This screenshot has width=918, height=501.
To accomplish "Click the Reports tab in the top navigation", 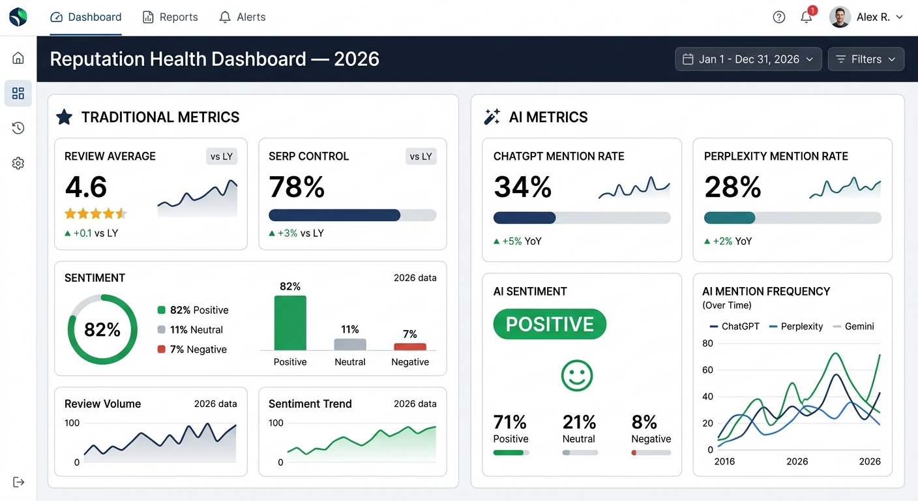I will click(170, 18).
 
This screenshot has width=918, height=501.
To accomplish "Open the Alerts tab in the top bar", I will click(243, 18).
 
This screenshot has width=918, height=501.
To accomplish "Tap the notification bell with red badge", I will click(807, 17).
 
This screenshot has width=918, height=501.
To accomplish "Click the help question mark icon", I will click(779, 18).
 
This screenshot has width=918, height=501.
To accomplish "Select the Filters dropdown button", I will click(866, 59).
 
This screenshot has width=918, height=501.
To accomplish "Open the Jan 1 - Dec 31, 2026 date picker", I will click(748, 59).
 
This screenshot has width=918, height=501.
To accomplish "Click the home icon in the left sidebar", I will click(18, 58).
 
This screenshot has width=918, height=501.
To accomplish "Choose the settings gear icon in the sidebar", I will click(18, 163).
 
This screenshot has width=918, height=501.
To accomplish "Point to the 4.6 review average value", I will click(86, 188).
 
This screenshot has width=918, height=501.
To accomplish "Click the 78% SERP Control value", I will click(297, 188).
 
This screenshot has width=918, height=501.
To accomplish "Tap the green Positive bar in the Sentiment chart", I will click(290, 323).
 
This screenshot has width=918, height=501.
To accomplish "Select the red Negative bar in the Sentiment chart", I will click(410, 346).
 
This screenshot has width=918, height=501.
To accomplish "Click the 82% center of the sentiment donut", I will click(102, 330).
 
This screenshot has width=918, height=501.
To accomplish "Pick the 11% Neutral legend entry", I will click(190, 330).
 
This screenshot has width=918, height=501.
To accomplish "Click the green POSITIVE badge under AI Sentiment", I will click(550, 324).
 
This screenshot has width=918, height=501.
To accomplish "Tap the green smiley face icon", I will click(577, 376).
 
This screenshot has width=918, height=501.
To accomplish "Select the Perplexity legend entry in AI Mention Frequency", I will click(796, 326).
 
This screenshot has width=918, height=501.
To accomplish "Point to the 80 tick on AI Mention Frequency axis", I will click(707, 343).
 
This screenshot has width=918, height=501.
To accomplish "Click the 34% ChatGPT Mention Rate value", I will click(523, 188).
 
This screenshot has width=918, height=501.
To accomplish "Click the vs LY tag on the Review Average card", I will click(222, 157).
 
